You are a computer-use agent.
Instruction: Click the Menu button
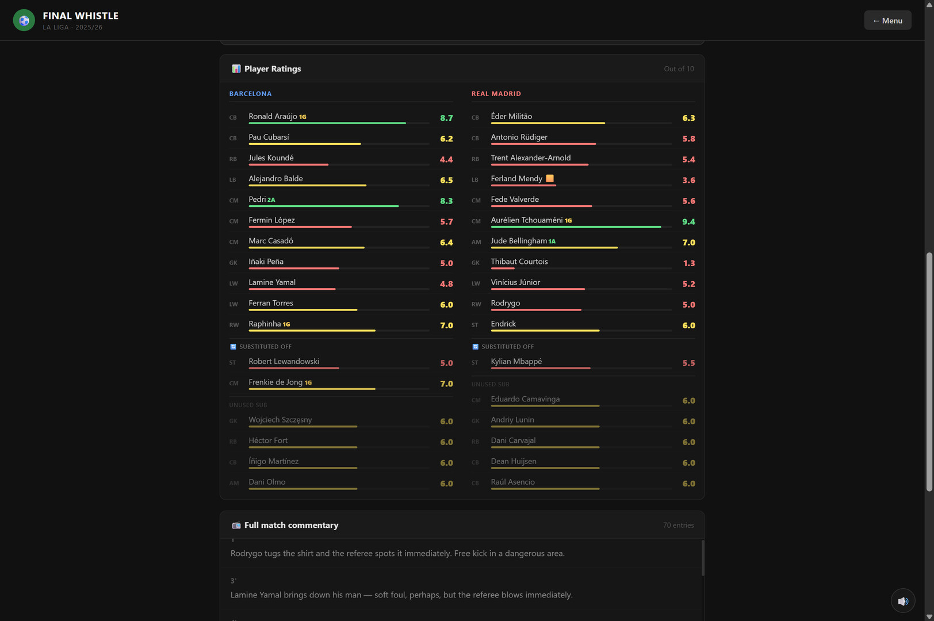pos(887,21)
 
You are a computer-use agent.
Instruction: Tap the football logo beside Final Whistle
pos(24,20)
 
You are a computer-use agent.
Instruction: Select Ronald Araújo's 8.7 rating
pos(446,118)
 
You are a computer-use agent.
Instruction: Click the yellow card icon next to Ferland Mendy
pos(550,178)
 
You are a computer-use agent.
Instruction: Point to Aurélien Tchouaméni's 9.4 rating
pos(688,222)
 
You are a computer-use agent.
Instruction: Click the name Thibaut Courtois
pos(519,261)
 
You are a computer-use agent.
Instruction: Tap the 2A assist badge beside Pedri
pos(271,200)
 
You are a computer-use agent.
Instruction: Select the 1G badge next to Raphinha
pos(286,324)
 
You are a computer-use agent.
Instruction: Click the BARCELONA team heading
pos(250,94)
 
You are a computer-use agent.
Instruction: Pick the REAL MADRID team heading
pos(496,94)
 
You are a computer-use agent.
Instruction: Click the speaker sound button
pos(903,600)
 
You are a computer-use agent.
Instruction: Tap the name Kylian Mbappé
pos(516,361)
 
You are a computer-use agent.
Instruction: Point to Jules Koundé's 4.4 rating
pos(446,160)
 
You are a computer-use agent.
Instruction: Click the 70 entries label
pos(679,525)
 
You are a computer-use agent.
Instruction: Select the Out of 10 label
pos(679,69)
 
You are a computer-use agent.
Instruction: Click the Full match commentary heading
pos(291,525)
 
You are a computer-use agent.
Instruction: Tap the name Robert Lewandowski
pos(284,361)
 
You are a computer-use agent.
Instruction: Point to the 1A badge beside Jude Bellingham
pos(552,241)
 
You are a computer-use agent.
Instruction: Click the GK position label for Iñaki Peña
pos(233,263)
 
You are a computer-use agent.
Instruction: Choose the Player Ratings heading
pos(273,69)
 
